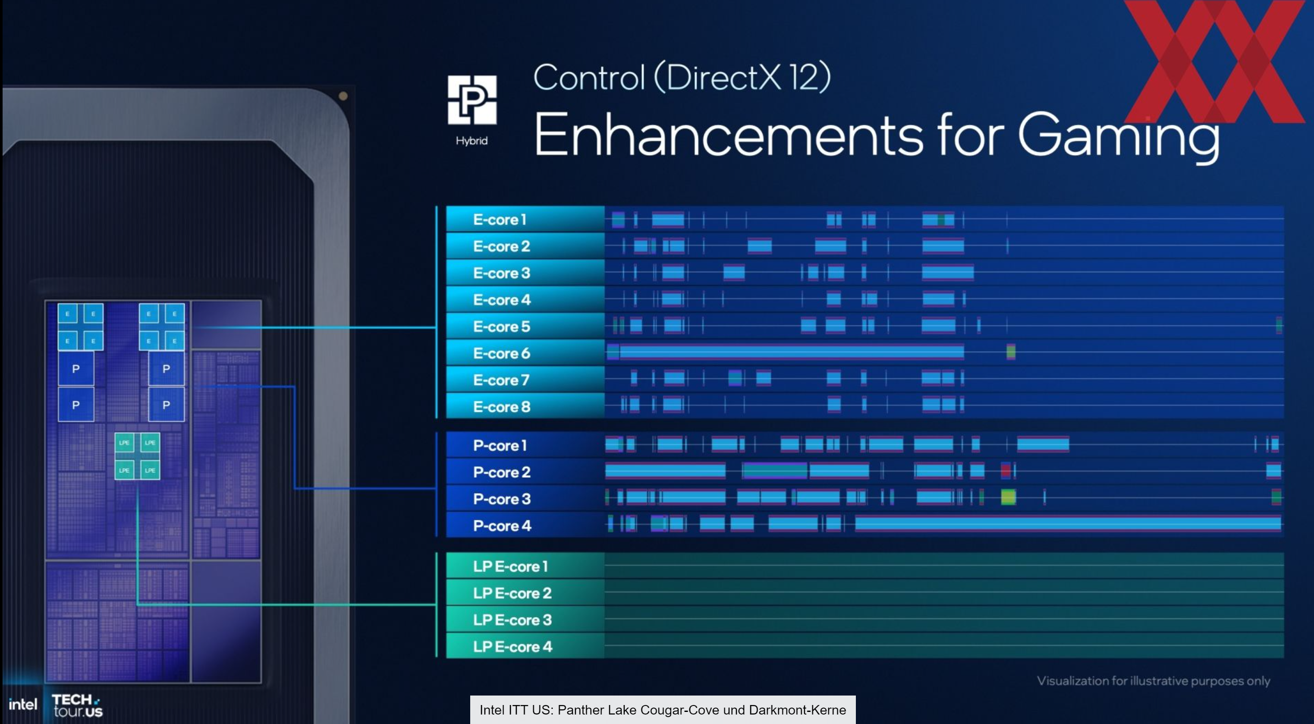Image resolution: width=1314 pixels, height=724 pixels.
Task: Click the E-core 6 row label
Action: (x=501, y=353)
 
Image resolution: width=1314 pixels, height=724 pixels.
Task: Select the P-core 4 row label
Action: (x=502, y=526)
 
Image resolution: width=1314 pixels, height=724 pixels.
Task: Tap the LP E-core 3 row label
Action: (x=512, y=620)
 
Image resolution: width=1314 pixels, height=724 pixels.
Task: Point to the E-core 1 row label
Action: (x=500, y=219)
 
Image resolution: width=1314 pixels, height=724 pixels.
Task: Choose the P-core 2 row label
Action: (x=502, y=472)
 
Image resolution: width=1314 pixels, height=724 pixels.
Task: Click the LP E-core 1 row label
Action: (x=510, y=567)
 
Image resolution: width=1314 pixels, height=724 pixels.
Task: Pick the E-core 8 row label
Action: (x=501, y=406)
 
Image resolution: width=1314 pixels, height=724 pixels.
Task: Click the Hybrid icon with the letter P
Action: (x=472, y=100)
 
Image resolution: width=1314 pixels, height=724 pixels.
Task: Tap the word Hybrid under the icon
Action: (x=472, y=141)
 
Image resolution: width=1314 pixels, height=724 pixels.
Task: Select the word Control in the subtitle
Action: (x=589, y=78)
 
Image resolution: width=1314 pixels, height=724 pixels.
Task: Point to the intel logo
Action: (x=23, y=705)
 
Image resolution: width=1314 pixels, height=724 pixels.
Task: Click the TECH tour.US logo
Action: (x=77, y=705)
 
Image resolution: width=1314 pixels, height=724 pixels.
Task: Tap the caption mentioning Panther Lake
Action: (x=663, y=710)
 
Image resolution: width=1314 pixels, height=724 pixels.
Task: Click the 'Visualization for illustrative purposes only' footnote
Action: (x=1154, y=680)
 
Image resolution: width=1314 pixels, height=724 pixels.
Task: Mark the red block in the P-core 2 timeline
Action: (x=1006, y=470)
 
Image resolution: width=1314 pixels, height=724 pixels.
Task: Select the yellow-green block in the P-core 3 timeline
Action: (x=1008, y=497)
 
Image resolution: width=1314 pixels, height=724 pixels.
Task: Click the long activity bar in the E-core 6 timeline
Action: (x=791, y=352)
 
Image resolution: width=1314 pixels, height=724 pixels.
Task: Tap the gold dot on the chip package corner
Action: (x=343, y=96)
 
